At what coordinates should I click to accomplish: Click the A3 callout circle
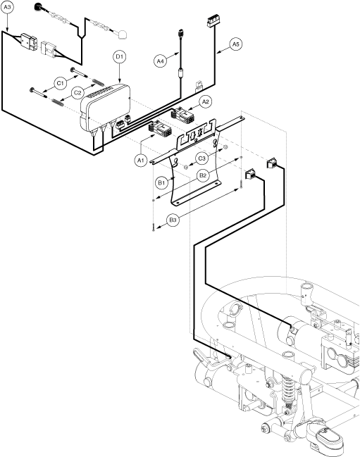coord(7,7)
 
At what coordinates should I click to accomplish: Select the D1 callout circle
coord(120,57)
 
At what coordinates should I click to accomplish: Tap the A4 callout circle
coord(160,61)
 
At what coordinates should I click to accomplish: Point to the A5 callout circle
coord(236,44)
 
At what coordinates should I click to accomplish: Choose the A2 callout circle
coord(206,101)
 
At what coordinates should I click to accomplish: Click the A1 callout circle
coord(141,161)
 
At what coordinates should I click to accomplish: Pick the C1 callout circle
coord(60,83)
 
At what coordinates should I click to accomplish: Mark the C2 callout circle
coord(77,93)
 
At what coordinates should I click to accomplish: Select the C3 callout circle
coord(201,158)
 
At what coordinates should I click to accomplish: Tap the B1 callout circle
coord(161,183)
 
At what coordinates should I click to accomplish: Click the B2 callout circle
coord(203,175)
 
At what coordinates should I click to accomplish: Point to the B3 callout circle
coord(173,220)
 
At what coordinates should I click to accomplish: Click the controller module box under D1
coord(105,107)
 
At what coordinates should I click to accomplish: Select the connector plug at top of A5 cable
coord(213,22)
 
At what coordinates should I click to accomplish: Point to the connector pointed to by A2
coord(181,115)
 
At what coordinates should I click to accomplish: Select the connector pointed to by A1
coord(159,128)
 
